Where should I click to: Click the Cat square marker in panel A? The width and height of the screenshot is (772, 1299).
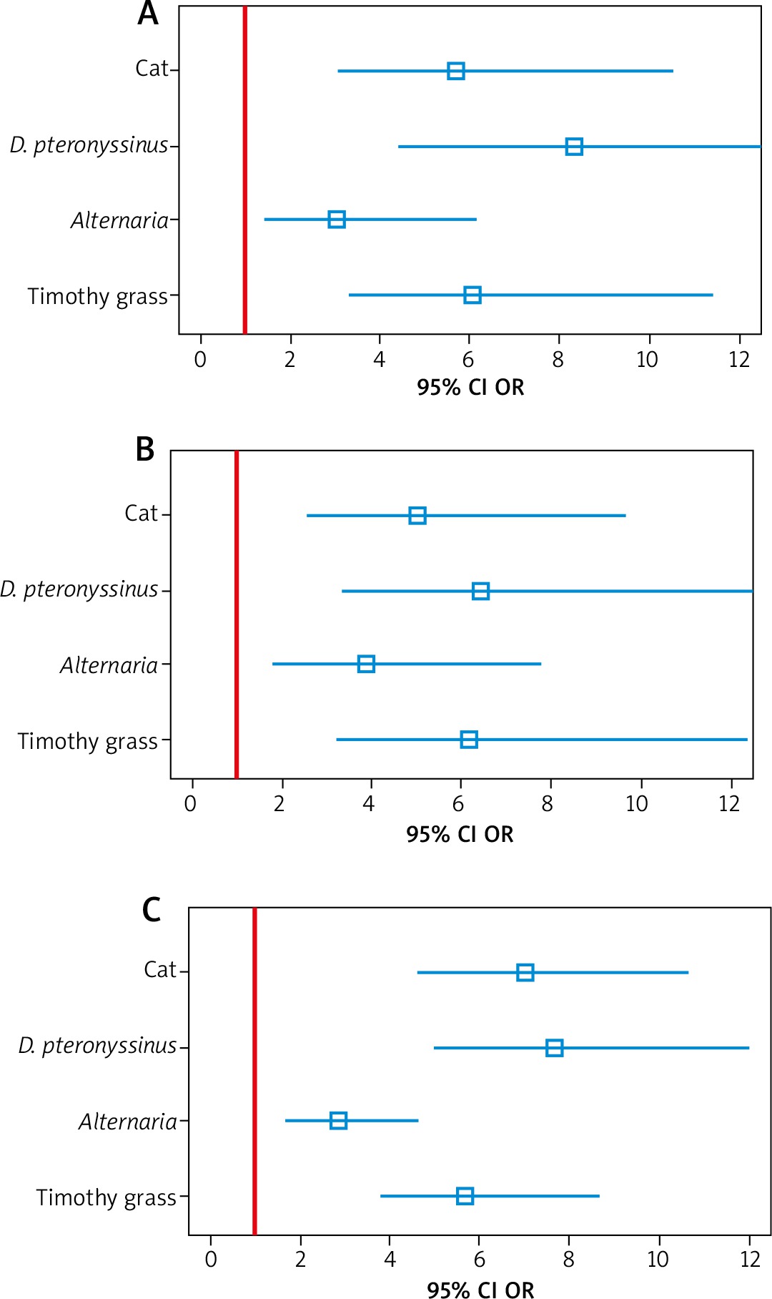point(455,71)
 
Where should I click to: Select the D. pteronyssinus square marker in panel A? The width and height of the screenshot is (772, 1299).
point(573,147)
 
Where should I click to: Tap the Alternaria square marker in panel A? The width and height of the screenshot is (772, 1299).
point(336,220)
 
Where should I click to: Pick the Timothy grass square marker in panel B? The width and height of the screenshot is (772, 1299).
point(468,740)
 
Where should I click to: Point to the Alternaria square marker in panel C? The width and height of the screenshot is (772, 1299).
point(338,1121)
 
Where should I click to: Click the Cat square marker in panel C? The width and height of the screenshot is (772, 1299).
point(525,972)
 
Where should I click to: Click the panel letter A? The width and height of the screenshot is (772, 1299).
point(148,14)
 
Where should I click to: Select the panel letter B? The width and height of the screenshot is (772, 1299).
point(145,450)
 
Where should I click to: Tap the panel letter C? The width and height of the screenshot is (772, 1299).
point(151,910)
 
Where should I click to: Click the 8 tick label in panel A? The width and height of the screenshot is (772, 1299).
point(558,360)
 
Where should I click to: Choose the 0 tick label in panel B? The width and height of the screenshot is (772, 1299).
point(190,805)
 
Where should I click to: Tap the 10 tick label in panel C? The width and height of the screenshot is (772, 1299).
point(657,1260)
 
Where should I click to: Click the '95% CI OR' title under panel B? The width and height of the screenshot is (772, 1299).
point(460,835)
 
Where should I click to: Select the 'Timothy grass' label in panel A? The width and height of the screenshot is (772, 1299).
point(98,296)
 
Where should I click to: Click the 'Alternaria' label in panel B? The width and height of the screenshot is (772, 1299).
point(109,666)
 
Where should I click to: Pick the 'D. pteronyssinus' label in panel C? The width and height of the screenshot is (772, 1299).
point(97,1046)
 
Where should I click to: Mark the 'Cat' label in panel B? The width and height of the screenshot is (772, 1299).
point(141,514)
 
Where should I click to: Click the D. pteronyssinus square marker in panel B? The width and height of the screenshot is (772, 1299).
point(480,591)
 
